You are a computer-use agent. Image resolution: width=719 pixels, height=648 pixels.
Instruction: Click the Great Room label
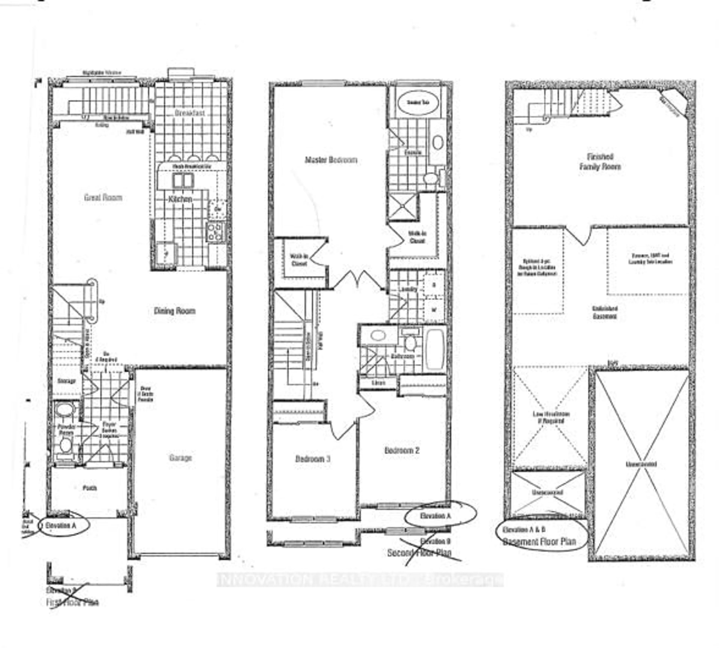(x=103, y=197)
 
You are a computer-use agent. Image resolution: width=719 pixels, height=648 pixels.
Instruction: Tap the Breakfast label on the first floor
(x=190, y=113)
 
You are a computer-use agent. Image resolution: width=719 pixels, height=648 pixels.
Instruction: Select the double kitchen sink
(x=183, y=180)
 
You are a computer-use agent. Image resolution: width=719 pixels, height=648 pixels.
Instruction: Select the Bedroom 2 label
(x=402, y=450)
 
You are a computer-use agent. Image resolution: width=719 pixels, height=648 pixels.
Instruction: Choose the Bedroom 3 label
(x=313, y=459)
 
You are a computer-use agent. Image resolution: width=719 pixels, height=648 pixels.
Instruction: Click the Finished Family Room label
(x=600, y=162)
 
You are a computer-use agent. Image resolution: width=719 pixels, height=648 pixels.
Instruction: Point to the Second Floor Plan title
(x=419, y=553)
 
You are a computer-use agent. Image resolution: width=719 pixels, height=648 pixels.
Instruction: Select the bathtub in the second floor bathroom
(x=434, y=349)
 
